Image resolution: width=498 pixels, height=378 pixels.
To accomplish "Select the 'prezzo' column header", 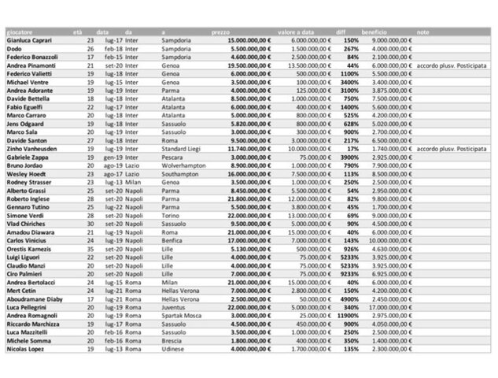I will [x=221, y=31].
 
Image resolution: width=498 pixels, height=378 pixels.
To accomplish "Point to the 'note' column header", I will [x=423, y=31].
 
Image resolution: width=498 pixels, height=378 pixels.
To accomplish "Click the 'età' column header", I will [x=77, y=31].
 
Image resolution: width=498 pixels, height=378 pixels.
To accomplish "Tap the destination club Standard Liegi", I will [x=182, y=147].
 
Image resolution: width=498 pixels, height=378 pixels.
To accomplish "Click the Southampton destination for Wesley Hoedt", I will [x=180, y=176].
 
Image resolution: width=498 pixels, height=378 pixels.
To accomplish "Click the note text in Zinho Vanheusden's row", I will [x=457, y=147].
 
